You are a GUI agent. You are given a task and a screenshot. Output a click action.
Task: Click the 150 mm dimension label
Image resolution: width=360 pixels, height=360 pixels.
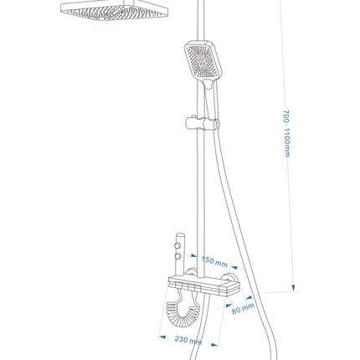[x=214, y=261]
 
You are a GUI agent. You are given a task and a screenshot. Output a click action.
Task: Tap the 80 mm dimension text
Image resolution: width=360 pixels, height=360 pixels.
[x=243, y=308]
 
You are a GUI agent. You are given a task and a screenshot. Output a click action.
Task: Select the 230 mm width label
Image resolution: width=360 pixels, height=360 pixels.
[x=188, y=340]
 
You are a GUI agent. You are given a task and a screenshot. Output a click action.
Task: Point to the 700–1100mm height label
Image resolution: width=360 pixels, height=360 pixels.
[x=287, y=133]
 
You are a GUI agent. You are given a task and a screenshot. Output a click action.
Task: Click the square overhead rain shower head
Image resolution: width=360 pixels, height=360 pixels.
[x=115, y=11]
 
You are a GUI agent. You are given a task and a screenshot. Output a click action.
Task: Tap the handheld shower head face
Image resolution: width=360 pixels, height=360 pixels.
[x=202, y=61]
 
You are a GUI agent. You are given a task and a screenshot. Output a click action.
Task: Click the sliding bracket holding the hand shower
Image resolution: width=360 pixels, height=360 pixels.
[x=203, y=123]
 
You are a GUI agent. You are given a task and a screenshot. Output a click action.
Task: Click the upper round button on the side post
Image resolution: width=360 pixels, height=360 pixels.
[x=177, y=245]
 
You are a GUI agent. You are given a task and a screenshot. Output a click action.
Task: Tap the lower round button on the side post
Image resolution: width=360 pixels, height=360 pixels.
[x=177, y=256]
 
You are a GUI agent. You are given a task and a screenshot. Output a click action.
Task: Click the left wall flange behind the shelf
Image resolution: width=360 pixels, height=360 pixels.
[x=192, y=272]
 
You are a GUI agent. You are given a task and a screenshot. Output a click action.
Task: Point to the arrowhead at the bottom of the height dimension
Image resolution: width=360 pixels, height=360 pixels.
[x=293, y=288]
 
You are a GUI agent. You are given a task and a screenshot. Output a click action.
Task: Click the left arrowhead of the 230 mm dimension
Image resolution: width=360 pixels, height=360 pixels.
[x=162, y=337]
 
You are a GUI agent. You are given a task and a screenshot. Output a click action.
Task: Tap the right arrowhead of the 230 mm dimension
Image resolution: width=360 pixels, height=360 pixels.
[x=214, y=345]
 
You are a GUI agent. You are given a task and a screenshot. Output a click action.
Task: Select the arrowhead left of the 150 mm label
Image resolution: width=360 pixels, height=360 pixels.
[x=193, y=255]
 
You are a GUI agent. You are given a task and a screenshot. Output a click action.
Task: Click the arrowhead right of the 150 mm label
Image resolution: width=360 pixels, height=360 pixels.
[x=234, y=268]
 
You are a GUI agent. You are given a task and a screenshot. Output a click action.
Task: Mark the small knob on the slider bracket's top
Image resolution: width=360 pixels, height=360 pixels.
[x=193, y=116]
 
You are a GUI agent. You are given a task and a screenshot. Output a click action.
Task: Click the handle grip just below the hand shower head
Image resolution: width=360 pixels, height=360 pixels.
[x=209, y=84]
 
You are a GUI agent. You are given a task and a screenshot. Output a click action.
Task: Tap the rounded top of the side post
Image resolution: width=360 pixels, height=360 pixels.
[x=180, y=234]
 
